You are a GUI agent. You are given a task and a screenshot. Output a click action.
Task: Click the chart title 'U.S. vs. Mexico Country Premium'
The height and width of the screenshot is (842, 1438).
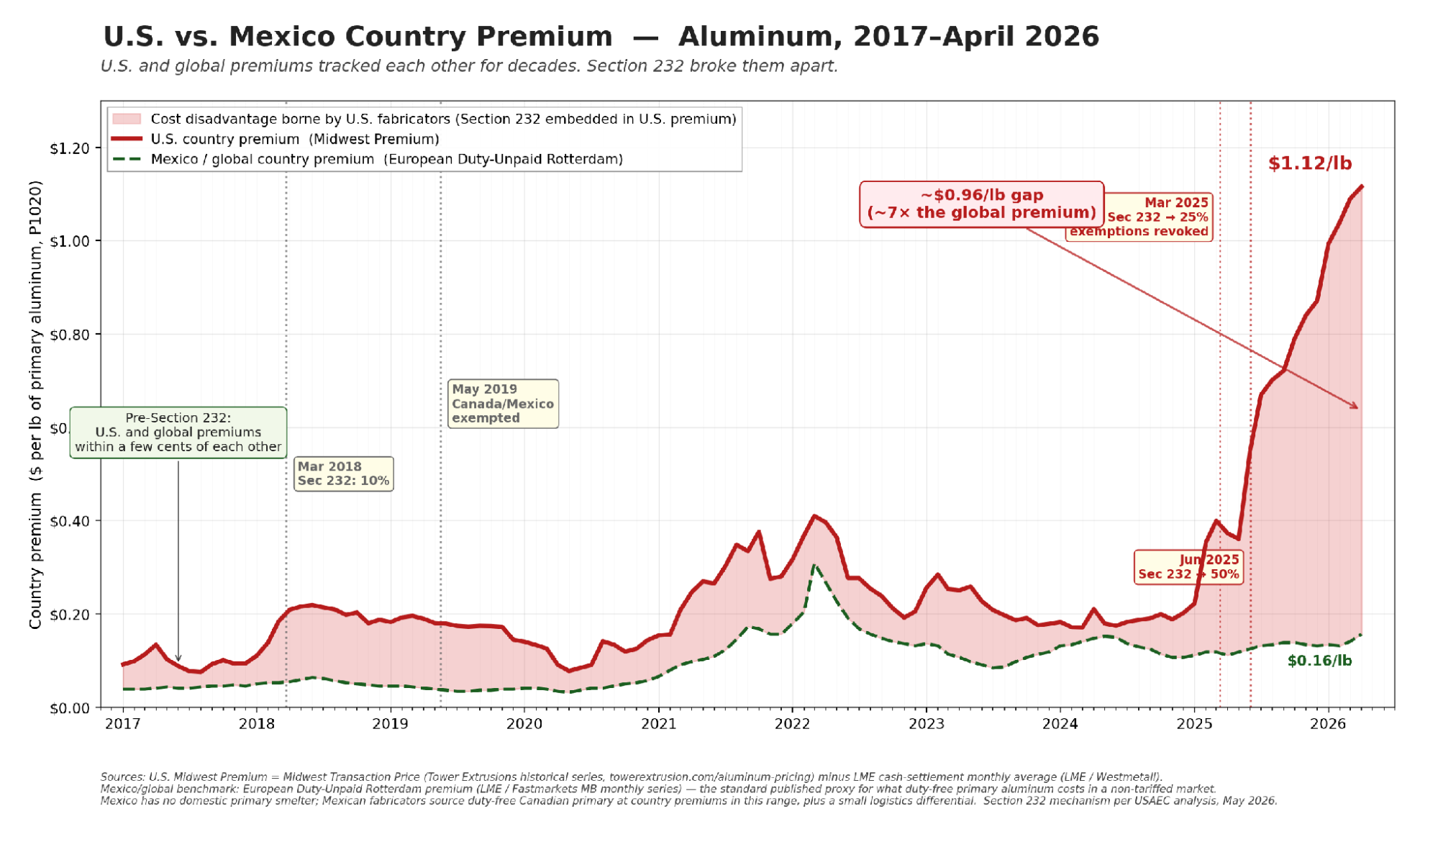pos(358,36)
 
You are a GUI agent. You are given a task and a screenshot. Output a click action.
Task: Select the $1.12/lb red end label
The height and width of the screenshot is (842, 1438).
pos(1309,163)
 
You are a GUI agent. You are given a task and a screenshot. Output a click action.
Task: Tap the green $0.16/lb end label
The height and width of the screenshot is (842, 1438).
pos(1319,661)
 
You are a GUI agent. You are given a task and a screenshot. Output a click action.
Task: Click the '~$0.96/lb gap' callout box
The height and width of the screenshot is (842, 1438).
pos(981,204)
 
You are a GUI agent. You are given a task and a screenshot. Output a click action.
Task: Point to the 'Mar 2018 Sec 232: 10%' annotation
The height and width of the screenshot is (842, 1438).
pos(343,474)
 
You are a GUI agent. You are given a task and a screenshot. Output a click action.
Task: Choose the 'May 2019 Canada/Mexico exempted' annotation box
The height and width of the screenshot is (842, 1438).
pos(503,404)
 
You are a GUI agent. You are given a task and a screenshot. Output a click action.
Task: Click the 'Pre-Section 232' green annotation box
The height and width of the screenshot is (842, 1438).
pos(178,433)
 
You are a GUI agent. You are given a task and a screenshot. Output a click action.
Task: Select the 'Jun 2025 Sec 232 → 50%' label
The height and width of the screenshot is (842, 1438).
pos(1188,567)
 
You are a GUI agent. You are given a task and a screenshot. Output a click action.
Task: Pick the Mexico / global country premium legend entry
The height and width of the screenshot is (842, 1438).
pos(367,159)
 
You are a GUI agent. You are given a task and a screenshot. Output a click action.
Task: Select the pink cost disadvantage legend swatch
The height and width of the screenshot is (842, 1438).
pos(127,119)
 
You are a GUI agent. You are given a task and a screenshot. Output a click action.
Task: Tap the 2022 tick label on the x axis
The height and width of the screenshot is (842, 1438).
pos(792,724)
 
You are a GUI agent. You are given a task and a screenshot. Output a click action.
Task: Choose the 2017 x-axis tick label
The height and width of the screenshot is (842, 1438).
pos(123,724)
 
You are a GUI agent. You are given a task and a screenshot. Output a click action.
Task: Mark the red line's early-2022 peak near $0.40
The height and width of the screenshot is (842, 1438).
pos(814,515)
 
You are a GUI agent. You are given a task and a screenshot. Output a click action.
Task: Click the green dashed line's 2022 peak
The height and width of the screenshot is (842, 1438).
pos(814,566)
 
